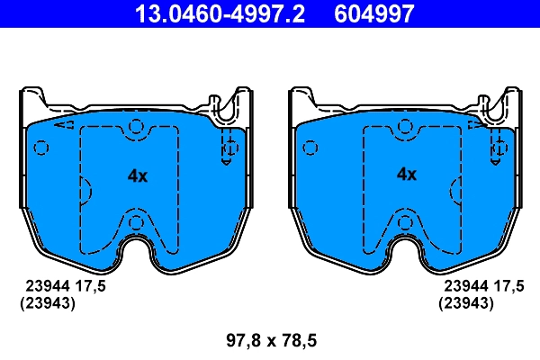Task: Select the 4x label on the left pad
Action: [137, 176]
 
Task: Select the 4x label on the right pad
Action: [407, 175]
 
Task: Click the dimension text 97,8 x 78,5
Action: [270, 341]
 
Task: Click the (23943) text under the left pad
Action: [47, 303]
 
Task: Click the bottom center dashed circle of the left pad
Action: [136, 222]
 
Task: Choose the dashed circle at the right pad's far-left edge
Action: [308, 146]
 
